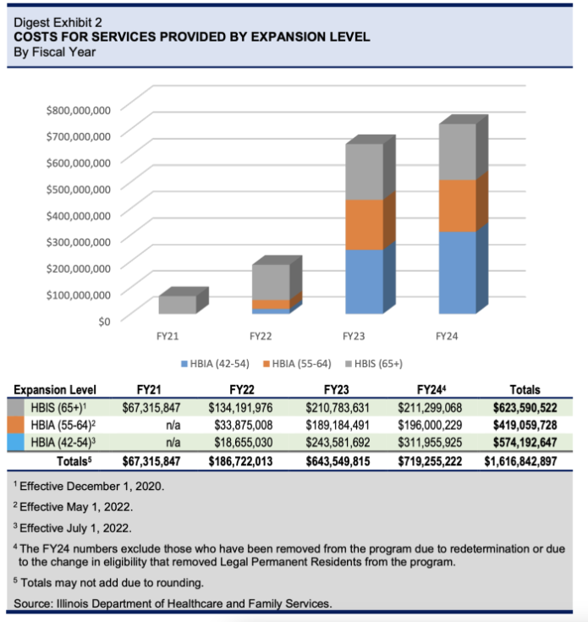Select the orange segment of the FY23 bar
click(364, 224)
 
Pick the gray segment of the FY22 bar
click(270, 281)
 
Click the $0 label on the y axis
click(102, 321)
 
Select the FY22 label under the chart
click(261, 337)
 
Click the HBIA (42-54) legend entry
click(214, 364)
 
